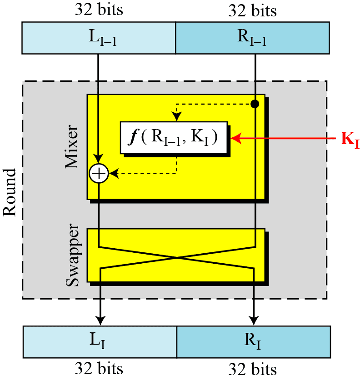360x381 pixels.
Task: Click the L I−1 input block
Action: click(x=99, y=38)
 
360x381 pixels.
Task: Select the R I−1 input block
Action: click(x=252, y=38)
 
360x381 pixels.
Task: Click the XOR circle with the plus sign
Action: click(x=99, y=173)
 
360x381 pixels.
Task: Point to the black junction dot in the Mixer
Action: click(x=255, y=104)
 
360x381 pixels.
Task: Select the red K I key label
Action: click(x=350, y=138)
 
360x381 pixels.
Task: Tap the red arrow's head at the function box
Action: click(x=235, y=137)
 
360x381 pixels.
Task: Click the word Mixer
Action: click(x=73, y=148)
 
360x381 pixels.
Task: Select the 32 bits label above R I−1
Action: click(x=252, y=10)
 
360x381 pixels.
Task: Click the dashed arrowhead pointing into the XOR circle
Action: click(x=113, y=173)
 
